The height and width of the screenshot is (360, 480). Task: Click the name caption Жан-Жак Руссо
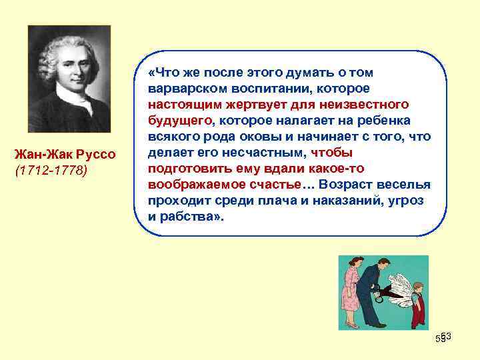pos(65,155)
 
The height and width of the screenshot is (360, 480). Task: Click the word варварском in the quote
pos(181,89)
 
